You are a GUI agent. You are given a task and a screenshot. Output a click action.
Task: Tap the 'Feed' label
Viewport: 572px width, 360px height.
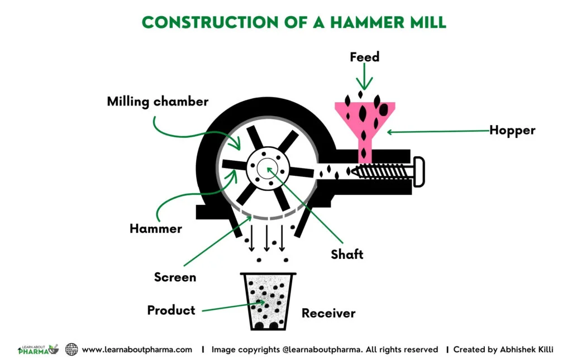coord(364,57)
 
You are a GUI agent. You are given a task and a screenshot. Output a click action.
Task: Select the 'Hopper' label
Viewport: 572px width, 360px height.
coord(512,131)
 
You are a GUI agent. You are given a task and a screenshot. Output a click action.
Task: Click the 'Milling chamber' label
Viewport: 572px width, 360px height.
coord(158,102)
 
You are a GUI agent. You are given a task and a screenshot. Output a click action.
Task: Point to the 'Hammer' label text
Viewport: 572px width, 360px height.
coord(156,229)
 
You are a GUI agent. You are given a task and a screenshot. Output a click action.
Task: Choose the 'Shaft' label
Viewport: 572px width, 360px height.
coord(346,255)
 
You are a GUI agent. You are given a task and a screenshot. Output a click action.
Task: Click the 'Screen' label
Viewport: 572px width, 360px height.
coord(175,277)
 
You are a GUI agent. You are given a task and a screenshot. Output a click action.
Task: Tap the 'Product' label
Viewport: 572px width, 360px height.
coord(171,310)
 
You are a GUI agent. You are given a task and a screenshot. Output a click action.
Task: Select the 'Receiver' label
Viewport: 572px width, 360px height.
coord(328,313)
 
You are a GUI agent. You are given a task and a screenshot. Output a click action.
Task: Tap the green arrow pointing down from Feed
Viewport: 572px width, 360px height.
coord(364,78)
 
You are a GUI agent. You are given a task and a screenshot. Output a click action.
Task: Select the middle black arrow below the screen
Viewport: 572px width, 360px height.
coord(267,238)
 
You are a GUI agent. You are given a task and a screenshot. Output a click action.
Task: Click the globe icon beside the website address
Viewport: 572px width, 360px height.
coord(71,349)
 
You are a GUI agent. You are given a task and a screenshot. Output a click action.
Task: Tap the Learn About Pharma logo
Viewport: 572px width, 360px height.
coord(38,349)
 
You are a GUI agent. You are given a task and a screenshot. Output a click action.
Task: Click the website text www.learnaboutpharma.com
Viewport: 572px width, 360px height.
coord(137,349)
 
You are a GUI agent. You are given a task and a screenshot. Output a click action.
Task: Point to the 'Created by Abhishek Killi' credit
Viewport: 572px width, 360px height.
coord(503,349)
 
